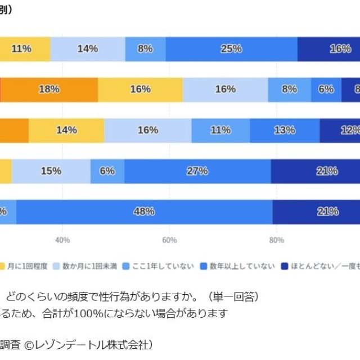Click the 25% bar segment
(231, 49)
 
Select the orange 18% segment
(49, 89)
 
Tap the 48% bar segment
(144, 211)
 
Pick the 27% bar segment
(197, 171)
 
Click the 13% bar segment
(285, 130)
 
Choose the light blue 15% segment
(51, 171)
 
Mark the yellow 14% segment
(66, 130)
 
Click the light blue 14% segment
(87, 49)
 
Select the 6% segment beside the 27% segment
(107, 171)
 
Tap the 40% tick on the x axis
(62, 241)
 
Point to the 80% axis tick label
(276, 241)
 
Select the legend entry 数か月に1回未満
(89, 266)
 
